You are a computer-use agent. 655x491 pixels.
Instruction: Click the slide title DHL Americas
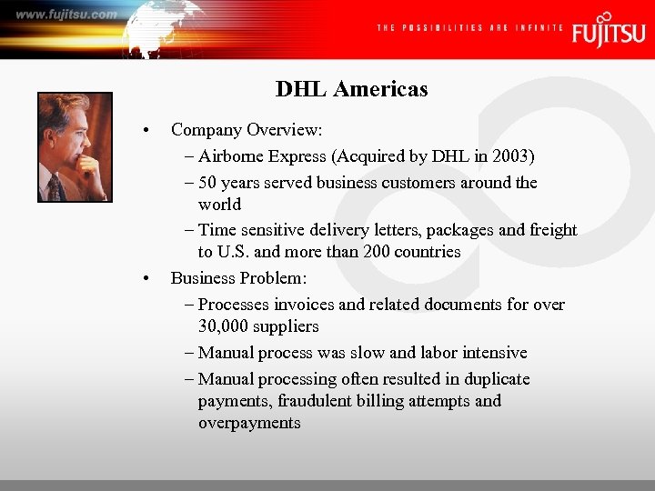click(x=351, y=89)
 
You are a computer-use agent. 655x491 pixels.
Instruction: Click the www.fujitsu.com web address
click(x=65, y=14)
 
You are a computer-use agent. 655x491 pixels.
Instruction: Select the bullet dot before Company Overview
click(x=146, y=130)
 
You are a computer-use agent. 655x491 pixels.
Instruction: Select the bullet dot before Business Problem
click(x=146, y=278)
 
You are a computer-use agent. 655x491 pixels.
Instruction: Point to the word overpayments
click(x=249, y=423)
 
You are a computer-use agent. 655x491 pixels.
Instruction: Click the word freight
click(x=551, y=230)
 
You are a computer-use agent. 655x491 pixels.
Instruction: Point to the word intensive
click(x=496, y=353)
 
